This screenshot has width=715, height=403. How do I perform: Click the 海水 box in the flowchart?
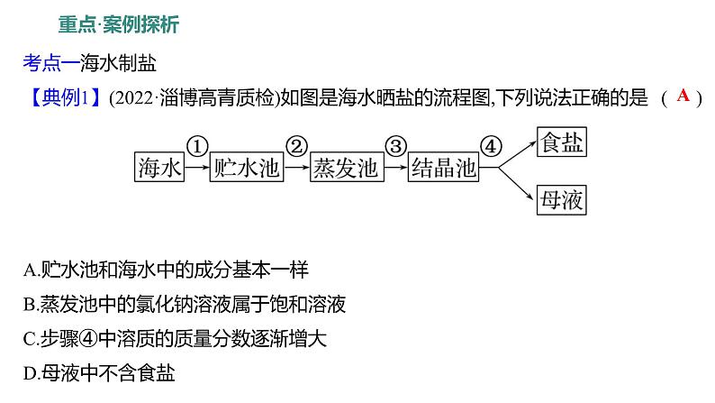click(158, 168)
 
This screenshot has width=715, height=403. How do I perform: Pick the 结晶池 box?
click(443, 168)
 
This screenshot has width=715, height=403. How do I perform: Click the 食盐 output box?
click(560, 142)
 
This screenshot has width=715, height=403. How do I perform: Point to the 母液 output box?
click(560, 198)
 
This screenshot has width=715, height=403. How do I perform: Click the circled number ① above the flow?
click(197, 146)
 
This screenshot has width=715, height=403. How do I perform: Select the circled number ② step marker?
click(296, 146)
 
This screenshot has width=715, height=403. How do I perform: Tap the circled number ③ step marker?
click(394, 146)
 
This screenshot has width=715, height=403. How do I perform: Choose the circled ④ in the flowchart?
click(491, 146)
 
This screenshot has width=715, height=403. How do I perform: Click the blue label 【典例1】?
click(61, 98)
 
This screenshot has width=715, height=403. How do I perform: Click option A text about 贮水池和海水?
click(167, 269)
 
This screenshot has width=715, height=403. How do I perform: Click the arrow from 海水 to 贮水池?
click(196, 169)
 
